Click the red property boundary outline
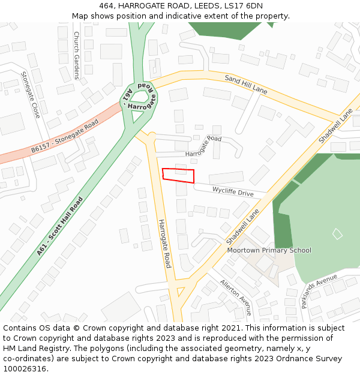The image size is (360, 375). click(x=178, y=175)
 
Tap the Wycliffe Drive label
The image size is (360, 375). click(x=233, y=191)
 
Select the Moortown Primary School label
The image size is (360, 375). click(x=269, y=250)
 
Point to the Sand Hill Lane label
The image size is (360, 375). click(x=246, y=84)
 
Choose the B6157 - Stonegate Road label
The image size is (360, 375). click(x=65, y=136)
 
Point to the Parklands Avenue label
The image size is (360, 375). click(x=320, y=291)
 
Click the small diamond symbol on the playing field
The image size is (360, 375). click(x=338, y=234)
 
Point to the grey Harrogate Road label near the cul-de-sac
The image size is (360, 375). click(x=203, y=146)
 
